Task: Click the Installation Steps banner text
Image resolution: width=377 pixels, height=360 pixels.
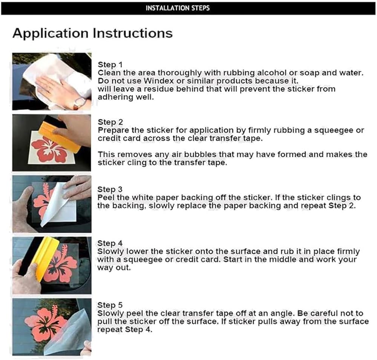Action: click(178, 8)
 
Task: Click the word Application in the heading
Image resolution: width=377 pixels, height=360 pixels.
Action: click(51, 34)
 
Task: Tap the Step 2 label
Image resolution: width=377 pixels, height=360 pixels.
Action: click(110, 122)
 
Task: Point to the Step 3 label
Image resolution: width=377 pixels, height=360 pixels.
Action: click(110, 190)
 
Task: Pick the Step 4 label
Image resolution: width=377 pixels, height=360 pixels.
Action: click(110, 244)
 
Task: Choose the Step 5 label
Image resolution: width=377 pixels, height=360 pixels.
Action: click(110, 305)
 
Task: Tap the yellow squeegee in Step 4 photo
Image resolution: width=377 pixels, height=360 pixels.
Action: click(46, 257)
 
